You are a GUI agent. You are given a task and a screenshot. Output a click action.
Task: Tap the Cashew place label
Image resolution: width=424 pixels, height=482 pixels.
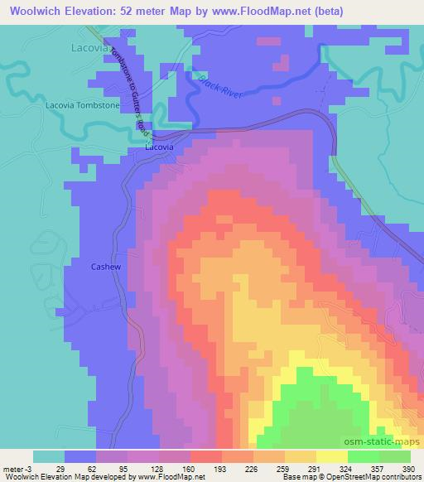[106, 267]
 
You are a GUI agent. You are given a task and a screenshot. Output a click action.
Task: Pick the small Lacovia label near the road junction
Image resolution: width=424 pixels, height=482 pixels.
[159, 147]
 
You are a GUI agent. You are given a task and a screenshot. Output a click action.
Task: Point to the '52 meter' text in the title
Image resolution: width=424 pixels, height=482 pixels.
[127, 11]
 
